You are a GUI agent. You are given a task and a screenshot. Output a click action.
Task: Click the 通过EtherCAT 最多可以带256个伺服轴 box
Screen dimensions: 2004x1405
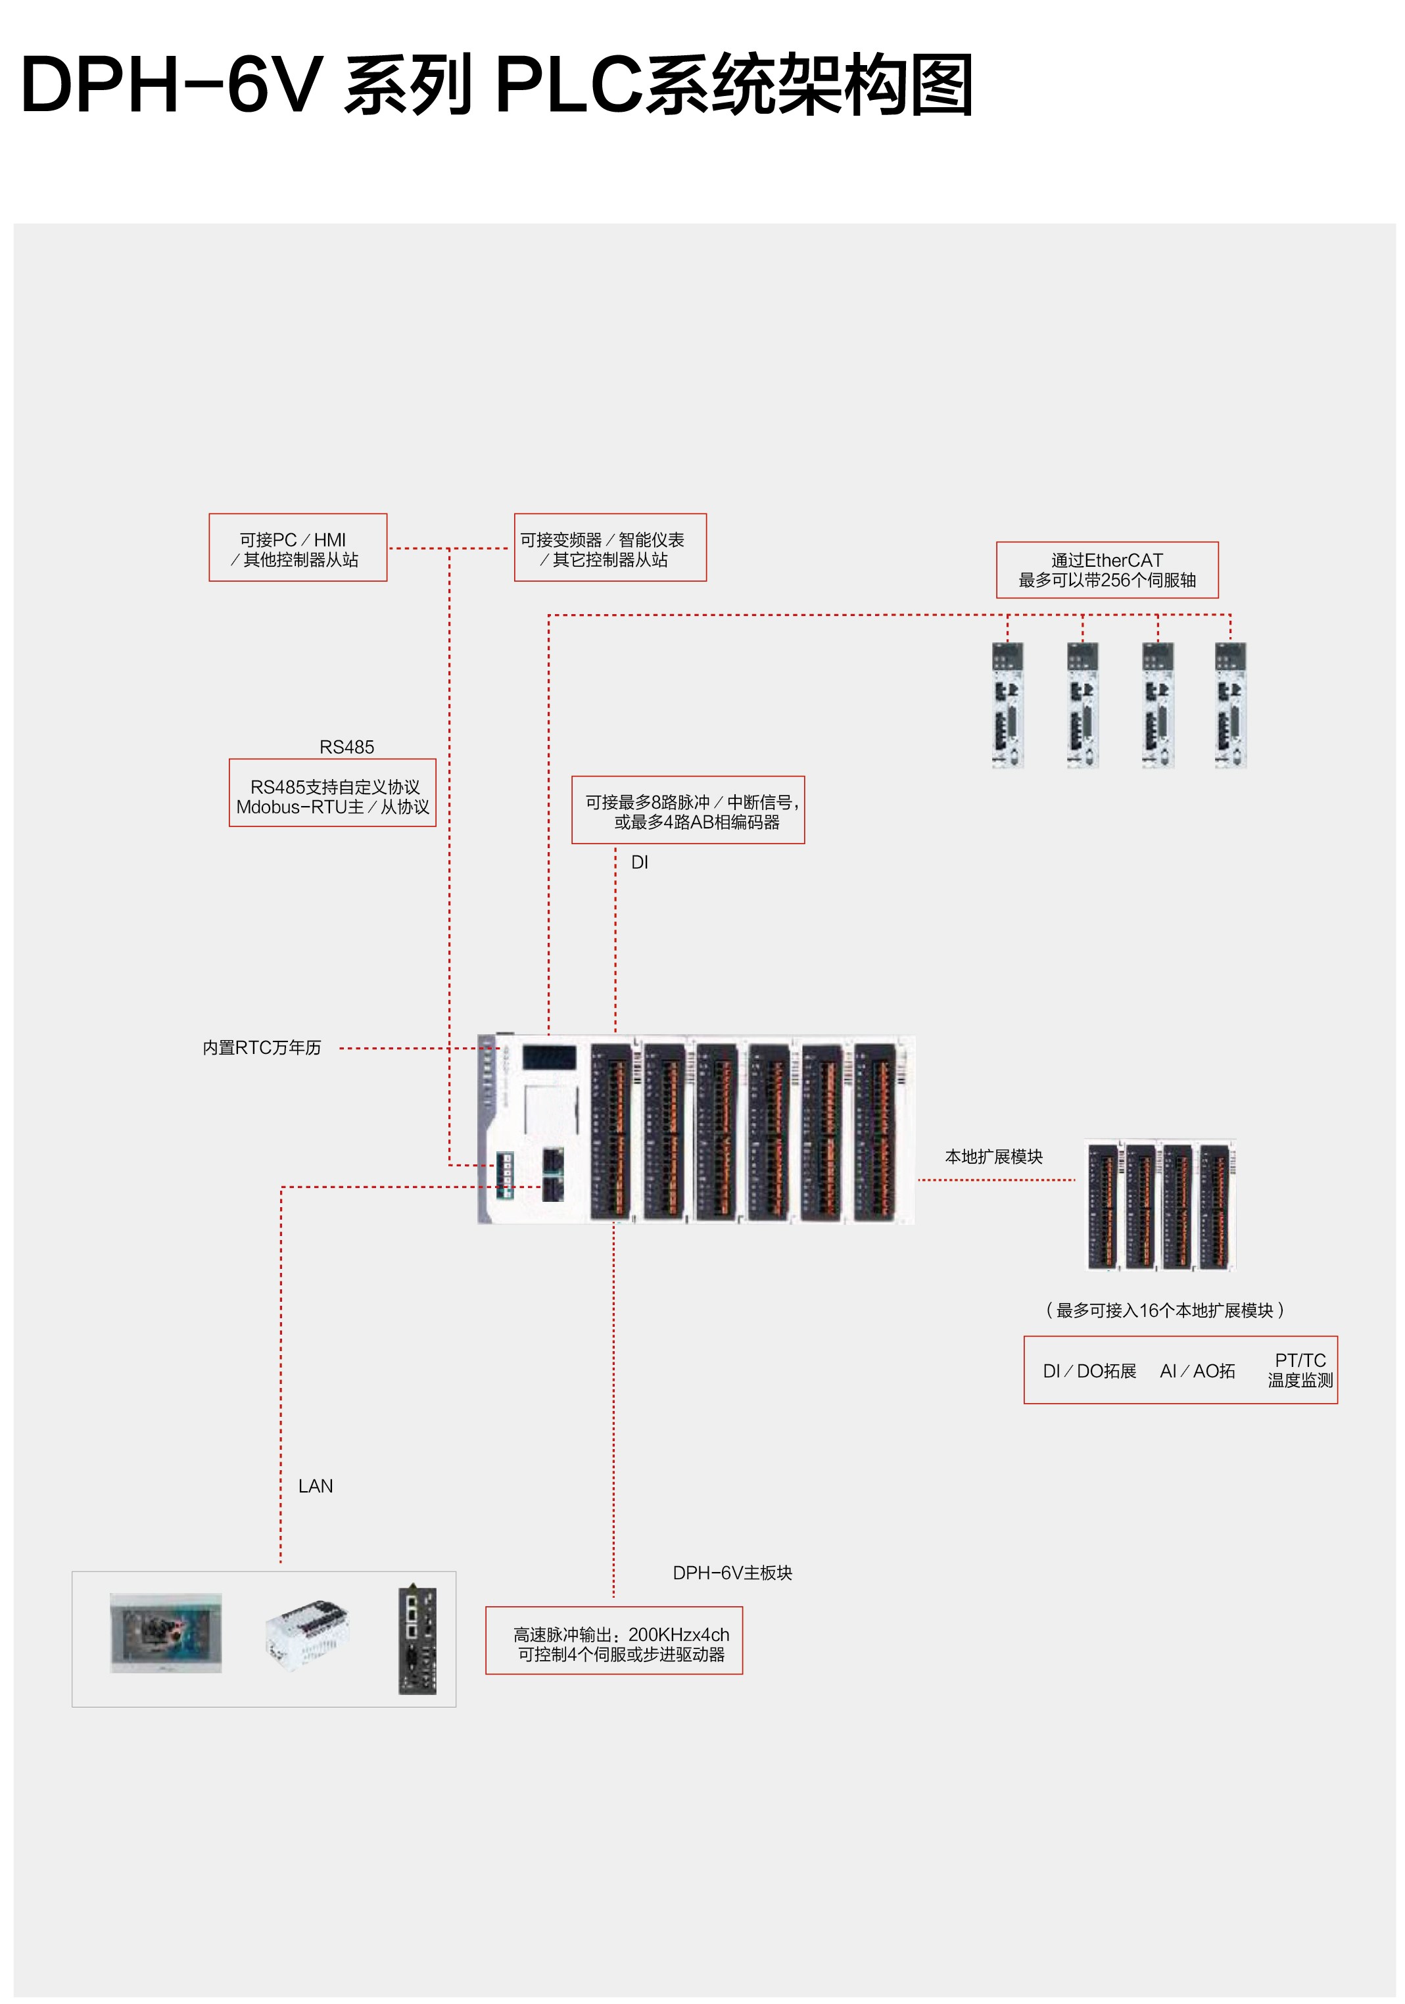pyautogui.click(x=1106, y=570)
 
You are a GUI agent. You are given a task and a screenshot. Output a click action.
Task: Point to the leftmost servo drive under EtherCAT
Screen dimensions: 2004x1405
pyautogui.click(x=1007, y=705)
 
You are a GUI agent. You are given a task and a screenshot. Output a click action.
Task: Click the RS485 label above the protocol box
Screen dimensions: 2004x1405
pyautogui.click(x=346, y=747)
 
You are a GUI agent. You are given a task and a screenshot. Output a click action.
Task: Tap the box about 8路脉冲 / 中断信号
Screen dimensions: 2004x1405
pyautogui.click(x=688, y=810)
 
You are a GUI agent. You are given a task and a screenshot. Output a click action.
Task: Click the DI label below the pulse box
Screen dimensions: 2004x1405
pyautogui.click(x=639, y=863)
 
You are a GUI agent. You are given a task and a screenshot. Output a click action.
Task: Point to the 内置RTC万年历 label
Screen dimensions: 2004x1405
pyautogui.click(x=262, y=1047)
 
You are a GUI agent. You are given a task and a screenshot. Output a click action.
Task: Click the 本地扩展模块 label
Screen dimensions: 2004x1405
pyautogui.click(x=993, y=1157)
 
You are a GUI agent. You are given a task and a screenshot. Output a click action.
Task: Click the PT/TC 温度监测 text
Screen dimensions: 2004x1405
pyautogui.click(x=1299, y=1370)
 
